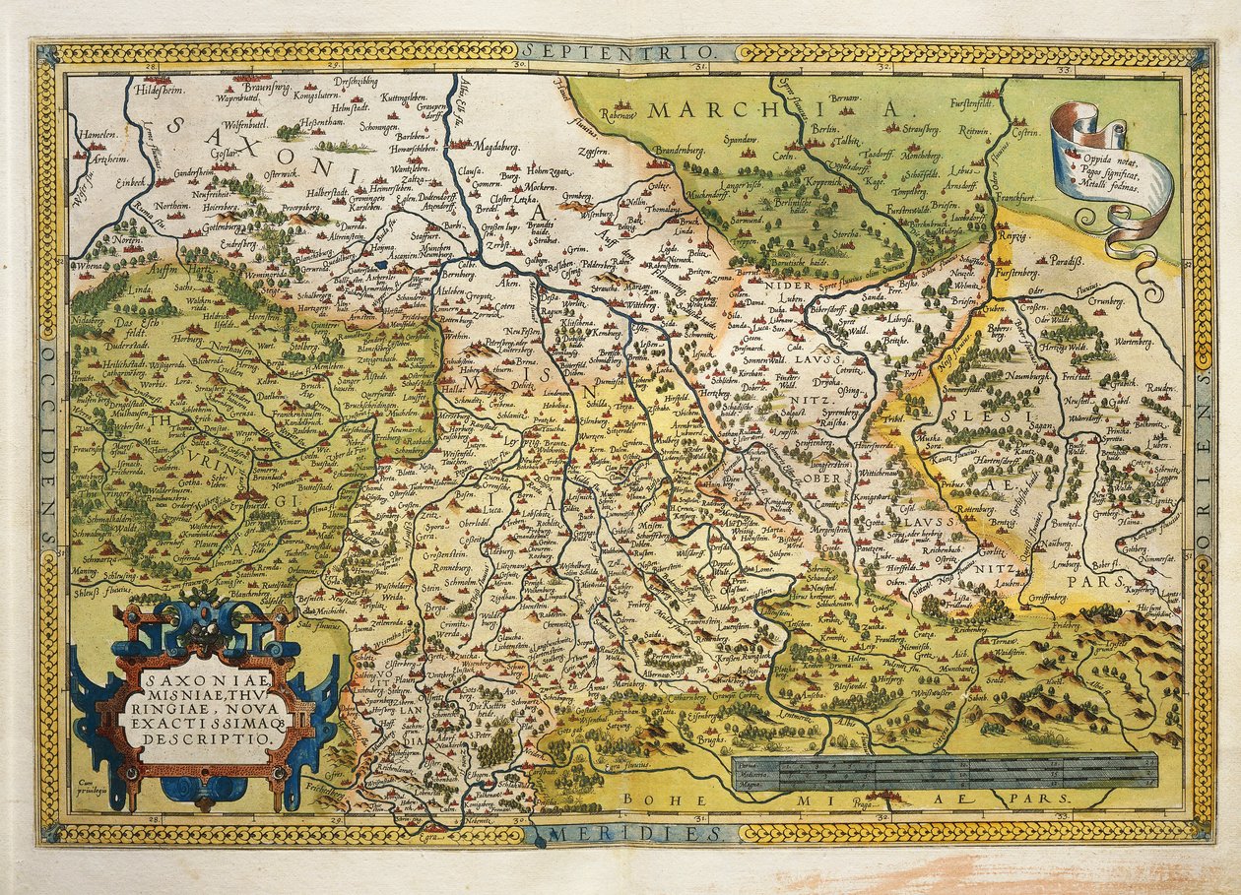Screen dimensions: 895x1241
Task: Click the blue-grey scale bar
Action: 944,772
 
